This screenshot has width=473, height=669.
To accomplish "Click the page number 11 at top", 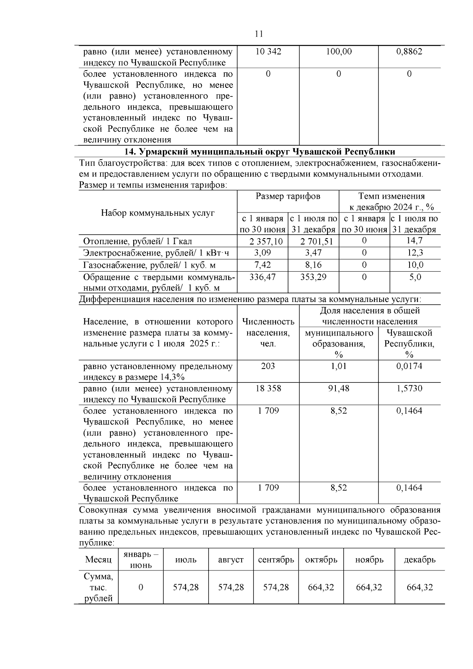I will click(259, 34).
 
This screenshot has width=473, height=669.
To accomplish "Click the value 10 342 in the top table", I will click(268, 52).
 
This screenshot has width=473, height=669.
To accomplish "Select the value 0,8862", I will click(409, 52).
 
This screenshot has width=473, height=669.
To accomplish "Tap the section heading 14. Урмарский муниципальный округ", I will click(259, 152).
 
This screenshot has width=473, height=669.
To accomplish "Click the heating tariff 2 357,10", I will click(263, 241).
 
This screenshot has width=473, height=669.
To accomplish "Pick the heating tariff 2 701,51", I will click(313, 241).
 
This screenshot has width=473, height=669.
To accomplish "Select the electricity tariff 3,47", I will click(313, 253).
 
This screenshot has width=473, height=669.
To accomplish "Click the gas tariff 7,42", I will click(263, 265).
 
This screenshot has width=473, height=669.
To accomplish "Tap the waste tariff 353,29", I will click(313, 277).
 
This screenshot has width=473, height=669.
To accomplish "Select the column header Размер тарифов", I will click(288, 196).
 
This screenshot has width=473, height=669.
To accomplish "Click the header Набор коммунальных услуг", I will click(158, 213).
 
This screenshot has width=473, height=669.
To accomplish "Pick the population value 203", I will click(268, 366).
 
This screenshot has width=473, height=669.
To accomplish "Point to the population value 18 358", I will click(268, 388).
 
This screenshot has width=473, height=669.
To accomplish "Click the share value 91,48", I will click(339, 388).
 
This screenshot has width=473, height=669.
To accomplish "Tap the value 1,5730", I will click(409, 388).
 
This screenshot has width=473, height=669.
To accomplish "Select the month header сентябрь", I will click(276, 560).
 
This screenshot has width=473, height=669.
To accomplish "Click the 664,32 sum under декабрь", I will click(419, 587).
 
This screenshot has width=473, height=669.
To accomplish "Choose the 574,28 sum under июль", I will click(186, 587).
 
